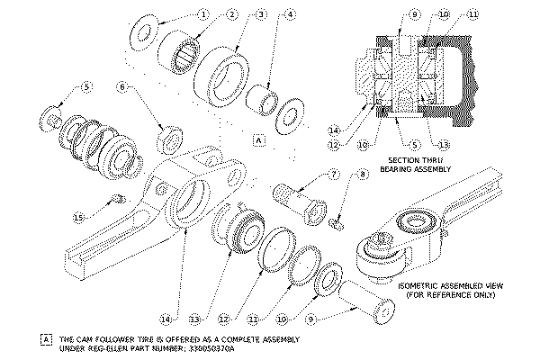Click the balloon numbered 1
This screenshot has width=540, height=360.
point(203,14)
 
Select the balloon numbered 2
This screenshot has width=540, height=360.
point(232,14)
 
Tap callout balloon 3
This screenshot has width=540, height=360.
point(261,14)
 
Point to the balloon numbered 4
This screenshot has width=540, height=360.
point(290,14)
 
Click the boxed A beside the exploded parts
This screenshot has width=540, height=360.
point(258,141)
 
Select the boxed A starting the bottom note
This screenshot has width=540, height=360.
point(47,339)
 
